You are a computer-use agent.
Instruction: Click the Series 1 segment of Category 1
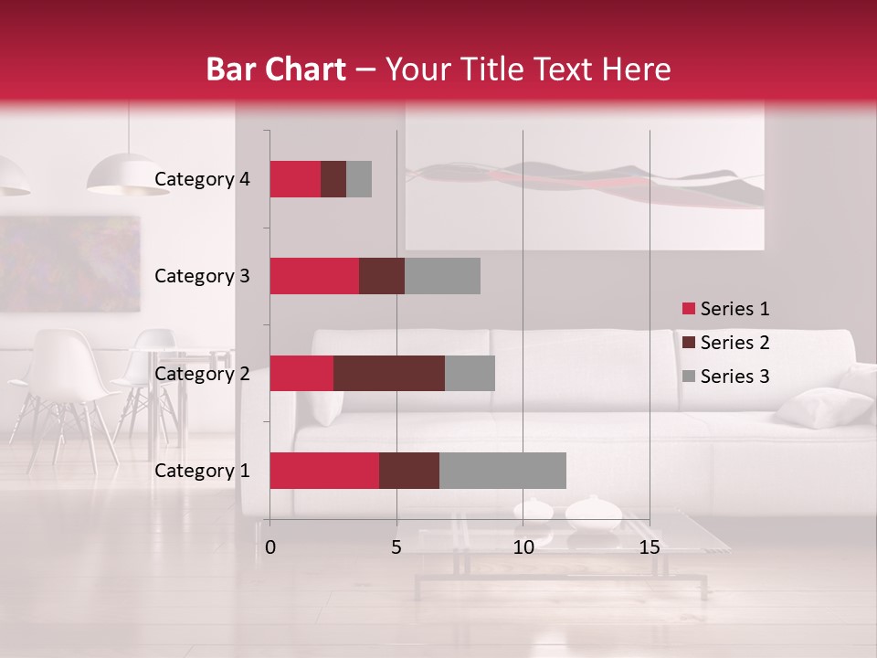coord(324,471)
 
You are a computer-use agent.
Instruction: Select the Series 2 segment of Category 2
coord(389,373)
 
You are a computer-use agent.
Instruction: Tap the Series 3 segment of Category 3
coord(442,276)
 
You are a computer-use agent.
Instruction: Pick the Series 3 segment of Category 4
coord(359,179)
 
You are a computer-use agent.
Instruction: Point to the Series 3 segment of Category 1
coord(502,471)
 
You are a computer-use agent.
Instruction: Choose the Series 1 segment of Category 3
coord(314,276)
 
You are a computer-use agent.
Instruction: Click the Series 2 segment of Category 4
coord(333,179)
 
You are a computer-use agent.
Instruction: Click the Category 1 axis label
coord(202,471)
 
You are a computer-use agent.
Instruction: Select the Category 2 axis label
coord(202,373)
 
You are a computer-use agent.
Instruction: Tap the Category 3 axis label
coord(202,276)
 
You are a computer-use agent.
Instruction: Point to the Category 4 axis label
coord(202,179)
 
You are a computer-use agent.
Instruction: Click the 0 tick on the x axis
coord(270,547)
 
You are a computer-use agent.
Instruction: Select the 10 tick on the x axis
coord(523,547)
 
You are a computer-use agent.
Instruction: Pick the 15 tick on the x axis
coord(650,547)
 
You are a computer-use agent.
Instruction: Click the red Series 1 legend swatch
coord(688,309)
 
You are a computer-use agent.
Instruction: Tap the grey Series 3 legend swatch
coord(688,377)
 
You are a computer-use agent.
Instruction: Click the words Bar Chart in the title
coord(276,69)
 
